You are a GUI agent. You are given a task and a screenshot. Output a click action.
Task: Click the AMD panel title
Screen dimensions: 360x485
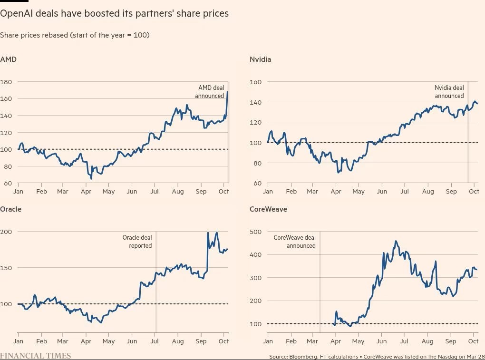pyautogui.click(x=9, y=59)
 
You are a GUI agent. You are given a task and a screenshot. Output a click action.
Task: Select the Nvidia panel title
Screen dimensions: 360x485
pyautogui.click(x=260, y=59)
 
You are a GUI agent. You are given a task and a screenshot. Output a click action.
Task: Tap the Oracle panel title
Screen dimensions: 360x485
pyautogui.click(x=10, y=209)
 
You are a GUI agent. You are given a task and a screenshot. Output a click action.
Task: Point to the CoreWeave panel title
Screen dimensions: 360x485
pyautogui.click(x=268, y=209)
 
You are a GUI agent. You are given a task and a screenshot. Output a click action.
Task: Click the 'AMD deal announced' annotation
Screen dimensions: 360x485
pyautogui.click(x=210, y=92)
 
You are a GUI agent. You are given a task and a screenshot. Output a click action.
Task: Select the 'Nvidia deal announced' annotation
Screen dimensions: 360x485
pyautogui.click(x=449, y=92)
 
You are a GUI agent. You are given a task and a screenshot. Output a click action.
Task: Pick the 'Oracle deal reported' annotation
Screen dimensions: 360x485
pyautogui.click(x=137, y=242)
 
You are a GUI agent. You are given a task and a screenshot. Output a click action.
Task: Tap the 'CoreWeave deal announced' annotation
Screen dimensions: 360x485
pyautogui.click(x=295, y=242)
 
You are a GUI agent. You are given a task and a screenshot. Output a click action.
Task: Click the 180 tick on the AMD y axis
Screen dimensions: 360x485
pyautogui.click(x=6, y=82)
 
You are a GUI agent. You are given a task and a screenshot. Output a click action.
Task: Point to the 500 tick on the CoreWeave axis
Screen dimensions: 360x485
pyautogui.click(x=256, y=232)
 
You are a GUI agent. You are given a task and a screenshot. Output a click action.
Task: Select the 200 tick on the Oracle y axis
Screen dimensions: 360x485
pyautogui.click(x=6, y=232)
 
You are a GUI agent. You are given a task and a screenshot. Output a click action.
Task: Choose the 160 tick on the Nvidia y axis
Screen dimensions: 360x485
pyautogui.click(x=256, y=82)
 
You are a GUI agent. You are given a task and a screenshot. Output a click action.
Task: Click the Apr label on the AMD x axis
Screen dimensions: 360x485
pyautogui.click(x=86, y=191)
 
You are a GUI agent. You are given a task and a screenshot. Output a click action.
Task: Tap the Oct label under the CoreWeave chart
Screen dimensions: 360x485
pyautogui.click(x=473, y=341)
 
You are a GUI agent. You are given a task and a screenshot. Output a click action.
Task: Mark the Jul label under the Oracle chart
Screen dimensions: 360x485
pyautogui.click(x=155, y=341)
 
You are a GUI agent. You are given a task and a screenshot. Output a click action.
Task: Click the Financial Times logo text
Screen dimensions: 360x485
pyautogui.click(x=36, y=356)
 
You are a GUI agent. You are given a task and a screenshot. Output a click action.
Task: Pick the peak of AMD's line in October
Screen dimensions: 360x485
pyautogui.click(x=228, y=92)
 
